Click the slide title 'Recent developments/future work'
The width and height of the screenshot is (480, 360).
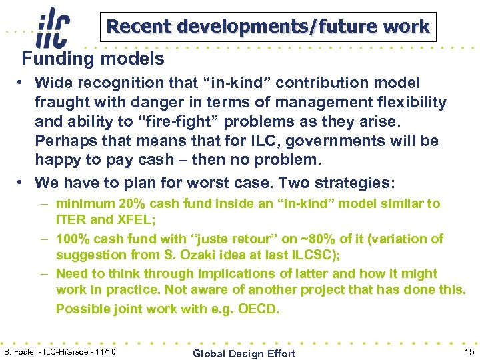point(268,27)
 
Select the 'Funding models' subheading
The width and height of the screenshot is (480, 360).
point(93,59)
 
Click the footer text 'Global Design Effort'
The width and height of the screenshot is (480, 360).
point(243,353)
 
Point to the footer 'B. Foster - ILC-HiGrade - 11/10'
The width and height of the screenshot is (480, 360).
point(60,351)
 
